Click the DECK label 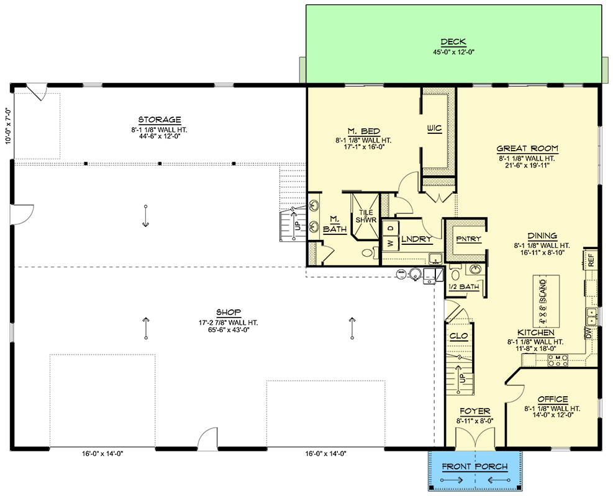(453, 42)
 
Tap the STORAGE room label (160, 120)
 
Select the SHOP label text (229, 312)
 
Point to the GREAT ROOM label (527, 149)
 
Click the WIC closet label (434, 128)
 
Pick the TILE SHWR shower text (366, 216)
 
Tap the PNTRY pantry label (468, 239)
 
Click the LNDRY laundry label (417, 239)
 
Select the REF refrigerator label (591, 260)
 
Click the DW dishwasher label (588, 333)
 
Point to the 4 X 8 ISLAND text (543, 302)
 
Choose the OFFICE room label (552, 399)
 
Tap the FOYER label (475, 411)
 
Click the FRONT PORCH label (475, 467)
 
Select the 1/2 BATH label (464, 287)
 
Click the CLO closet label (458, 336)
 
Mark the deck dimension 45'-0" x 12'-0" (453, 52)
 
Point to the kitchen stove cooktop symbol (558, 360)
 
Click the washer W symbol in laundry (390, 244)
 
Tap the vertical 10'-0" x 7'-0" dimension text (8, 126)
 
